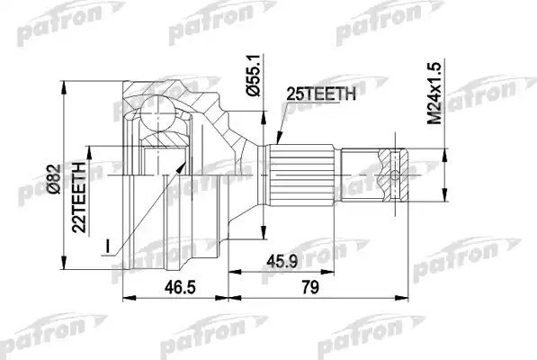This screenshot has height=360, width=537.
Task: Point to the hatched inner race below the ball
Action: [166, 144]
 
